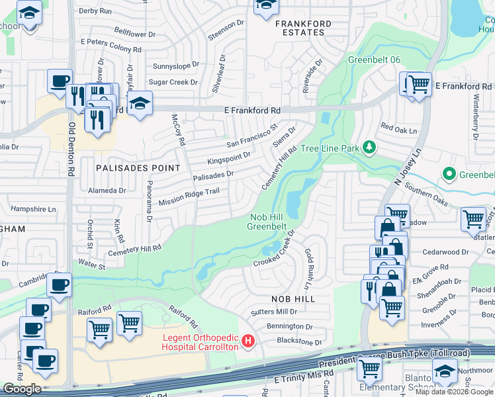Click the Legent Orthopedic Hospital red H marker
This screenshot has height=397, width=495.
point(248,341)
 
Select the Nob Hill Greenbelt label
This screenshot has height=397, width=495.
point(267,222)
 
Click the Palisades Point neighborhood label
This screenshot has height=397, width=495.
point(138,168)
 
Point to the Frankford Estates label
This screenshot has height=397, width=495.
point(303,28)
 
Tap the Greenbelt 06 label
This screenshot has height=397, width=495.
point(375,60)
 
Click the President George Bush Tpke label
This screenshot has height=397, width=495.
point(394,358)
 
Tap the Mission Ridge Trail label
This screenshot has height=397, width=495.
point(188,196)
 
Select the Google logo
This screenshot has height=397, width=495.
point(22,389)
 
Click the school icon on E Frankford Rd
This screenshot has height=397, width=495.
point(140,103)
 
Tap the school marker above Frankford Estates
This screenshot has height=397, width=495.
point(266,5)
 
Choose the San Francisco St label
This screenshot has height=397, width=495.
point(251,136)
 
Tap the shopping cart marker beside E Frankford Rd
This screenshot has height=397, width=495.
point(418,84)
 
